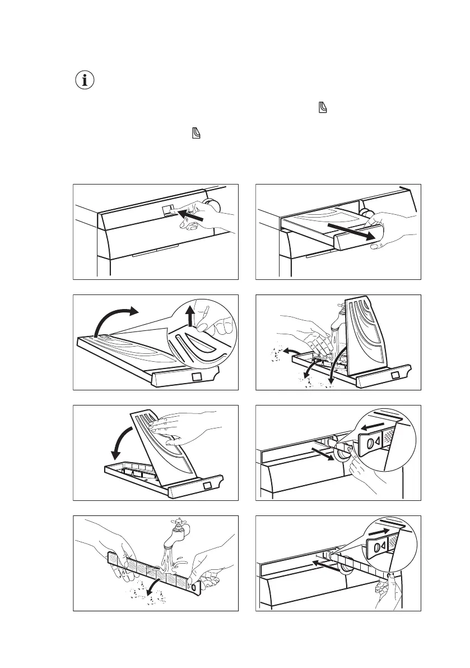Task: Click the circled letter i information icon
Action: tap(85, 81)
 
